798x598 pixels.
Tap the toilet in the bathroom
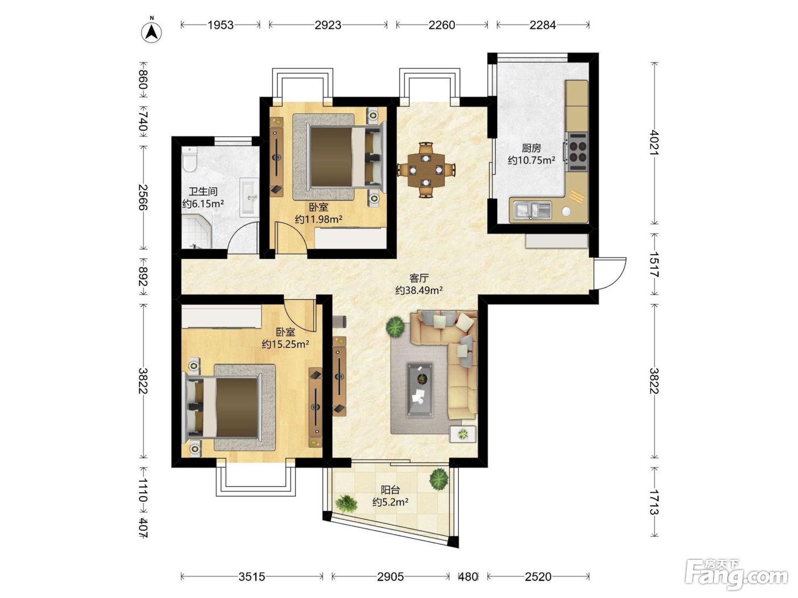[x=189, y=159]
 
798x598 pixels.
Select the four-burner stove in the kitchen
[x=577, y=151]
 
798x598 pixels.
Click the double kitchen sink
[x=532, y=210]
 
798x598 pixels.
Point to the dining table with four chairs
[x=426, y=170]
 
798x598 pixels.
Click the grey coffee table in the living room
[x=420, y=390]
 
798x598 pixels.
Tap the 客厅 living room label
[x=419, y=278]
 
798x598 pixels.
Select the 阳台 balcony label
[x=390, y=490]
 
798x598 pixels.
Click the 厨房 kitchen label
[x=531, y=148]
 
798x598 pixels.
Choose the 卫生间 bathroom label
[x=203, y=191]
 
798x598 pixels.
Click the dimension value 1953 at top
[x=221, y=24]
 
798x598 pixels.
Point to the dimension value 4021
[x=654, y=142]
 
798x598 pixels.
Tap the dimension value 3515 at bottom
[x=251, y=576]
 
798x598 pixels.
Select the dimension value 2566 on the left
[x=143, y=197]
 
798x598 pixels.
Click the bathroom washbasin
[x=250, y=198]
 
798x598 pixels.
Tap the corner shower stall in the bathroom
[x=197, y=231]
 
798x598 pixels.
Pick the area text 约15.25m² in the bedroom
[x=286, y=344]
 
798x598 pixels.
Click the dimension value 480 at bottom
[x=468, y=576]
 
